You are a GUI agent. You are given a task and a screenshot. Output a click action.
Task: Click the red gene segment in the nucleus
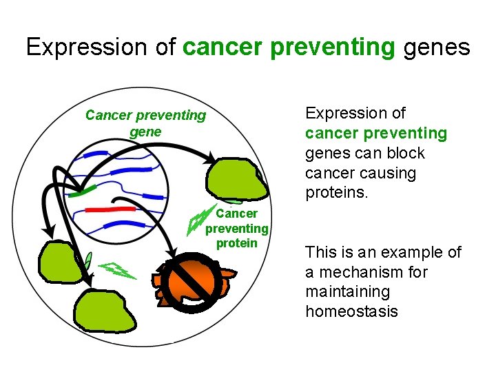point(110,208)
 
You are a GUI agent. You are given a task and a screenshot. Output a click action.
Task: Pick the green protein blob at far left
point(59,262)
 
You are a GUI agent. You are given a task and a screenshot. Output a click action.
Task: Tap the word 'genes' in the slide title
point(437,47)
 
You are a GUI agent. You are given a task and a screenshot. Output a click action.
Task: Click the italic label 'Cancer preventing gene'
point(145,123)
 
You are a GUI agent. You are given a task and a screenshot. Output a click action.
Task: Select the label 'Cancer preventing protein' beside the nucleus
point(236,228)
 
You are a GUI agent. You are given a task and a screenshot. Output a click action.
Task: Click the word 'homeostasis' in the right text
point(351,311)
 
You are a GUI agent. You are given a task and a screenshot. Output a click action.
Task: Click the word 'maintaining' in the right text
point(347,291)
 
